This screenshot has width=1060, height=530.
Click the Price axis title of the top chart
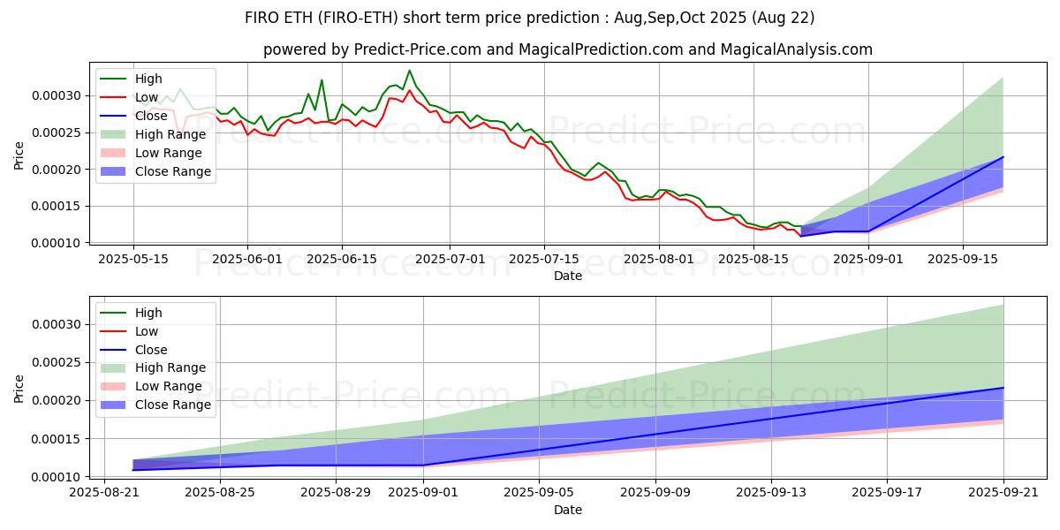19,155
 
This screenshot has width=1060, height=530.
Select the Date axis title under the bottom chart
568,510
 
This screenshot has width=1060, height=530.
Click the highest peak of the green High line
409,71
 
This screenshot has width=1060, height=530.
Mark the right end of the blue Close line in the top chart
1003,156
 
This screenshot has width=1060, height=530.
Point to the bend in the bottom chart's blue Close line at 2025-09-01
423,466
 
